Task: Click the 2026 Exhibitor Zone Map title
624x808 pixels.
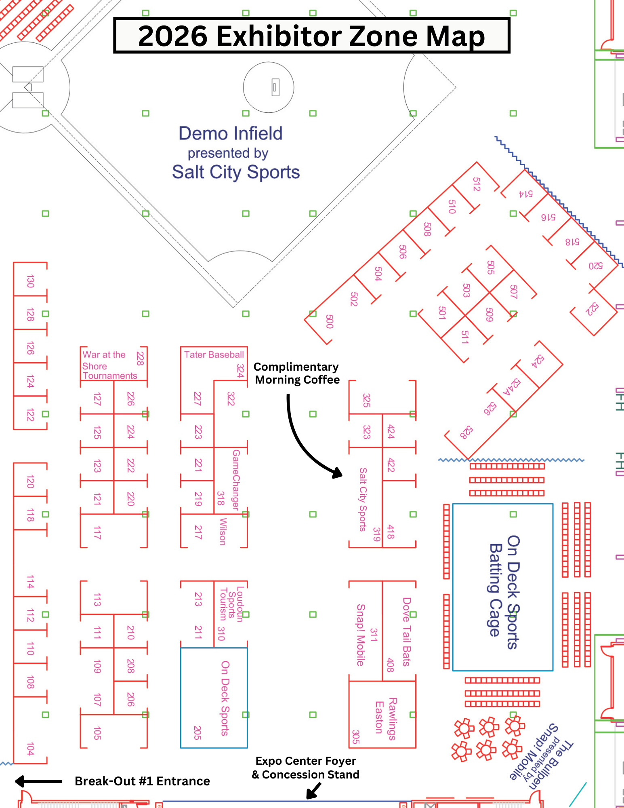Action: tap(312, 36)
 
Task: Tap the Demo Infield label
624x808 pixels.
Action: tap(231, 133)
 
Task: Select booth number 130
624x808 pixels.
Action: tap(30, 281)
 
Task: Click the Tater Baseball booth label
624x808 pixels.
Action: tap(214, 354)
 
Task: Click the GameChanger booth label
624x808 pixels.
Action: tap(236, 480)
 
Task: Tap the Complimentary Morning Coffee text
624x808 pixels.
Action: tap(297, 373)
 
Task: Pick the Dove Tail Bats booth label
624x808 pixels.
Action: tap(406, 631)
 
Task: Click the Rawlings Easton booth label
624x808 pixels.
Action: tap(385, 718)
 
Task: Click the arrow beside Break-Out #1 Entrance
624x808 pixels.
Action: tap(38, 781)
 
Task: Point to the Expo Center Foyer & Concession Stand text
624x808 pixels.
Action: tap(305, 768)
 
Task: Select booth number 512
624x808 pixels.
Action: tap(477, 184)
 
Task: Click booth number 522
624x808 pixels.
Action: tap(592, 309)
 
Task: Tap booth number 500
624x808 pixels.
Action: tap(330, 321)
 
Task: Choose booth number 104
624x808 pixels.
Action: tap(30, 749)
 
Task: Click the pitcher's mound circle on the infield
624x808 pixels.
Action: tap(269, 87)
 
